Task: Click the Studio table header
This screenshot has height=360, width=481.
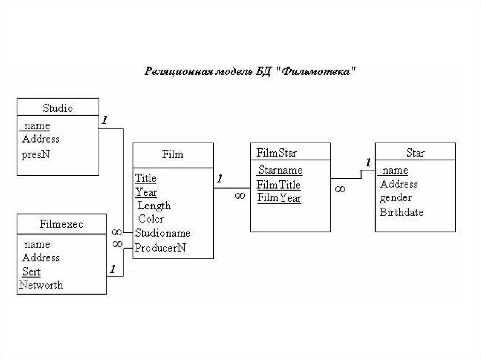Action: point(58,108)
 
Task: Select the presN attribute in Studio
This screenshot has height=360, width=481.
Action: point(36,154)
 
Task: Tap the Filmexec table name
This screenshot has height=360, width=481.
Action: point(62,224)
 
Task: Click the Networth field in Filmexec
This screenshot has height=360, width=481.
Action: point(41,285)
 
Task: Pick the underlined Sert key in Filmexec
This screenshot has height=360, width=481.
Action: point(31,272)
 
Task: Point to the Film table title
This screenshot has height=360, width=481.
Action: point(172,154)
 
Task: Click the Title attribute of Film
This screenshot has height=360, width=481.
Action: point(146,178)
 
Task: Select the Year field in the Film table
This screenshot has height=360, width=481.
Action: point(146,192)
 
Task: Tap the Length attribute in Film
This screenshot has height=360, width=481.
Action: point(154,206)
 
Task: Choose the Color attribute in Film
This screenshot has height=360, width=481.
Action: point(151,219)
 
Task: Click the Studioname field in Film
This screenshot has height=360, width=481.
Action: point(163,233)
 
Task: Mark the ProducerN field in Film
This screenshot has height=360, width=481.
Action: point(160,248)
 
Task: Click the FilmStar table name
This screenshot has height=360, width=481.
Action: point(277,153)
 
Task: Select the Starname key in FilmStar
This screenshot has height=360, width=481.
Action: point(280,170)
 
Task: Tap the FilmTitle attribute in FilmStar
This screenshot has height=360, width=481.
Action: point(279,185)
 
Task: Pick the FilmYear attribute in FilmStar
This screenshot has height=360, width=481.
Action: point(279,198)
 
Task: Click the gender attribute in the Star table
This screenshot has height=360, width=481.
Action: point(396,198)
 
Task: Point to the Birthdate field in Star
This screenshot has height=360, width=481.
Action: point(402,212)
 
